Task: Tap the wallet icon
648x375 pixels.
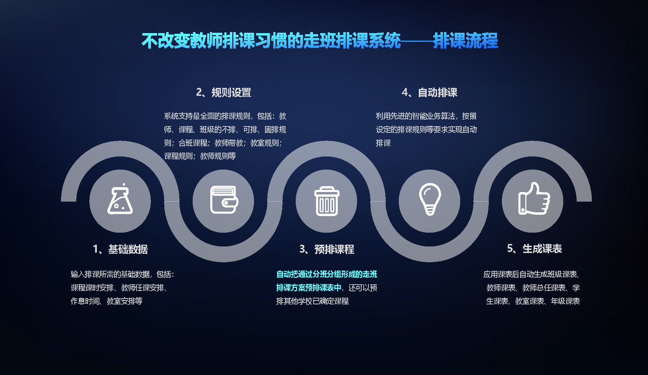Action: coord(224,200)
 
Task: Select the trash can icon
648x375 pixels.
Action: coord(327,201)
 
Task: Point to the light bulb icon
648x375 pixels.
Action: coord(430,199)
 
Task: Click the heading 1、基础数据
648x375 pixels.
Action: coord(120,249)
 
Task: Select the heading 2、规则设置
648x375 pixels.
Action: coord(224,92)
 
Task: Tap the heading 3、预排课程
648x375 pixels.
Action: coord(327,249)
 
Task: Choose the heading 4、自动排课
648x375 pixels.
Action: coord(429,92)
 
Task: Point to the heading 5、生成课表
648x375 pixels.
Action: coord(534,249)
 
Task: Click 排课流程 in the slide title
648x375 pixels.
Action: coord(466,41)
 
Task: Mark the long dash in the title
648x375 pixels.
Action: coord(417,41)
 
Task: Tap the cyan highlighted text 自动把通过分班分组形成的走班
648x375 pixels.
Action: coord(327,274)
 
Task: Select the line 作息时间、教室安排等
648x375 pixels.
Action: coord(107,301)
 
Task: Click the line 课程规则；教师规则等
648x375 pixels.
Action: coord(200,156)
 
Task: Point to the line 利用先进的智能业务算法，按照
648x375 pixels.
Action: coord(426,116)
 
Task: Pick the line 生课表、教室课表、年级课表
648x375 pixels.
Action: coord(533,301)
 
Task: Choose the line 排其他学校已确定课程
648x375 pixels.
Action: coord(312,301)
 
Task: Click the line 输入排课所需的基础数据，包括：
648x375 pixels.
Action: coord(123,274)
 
